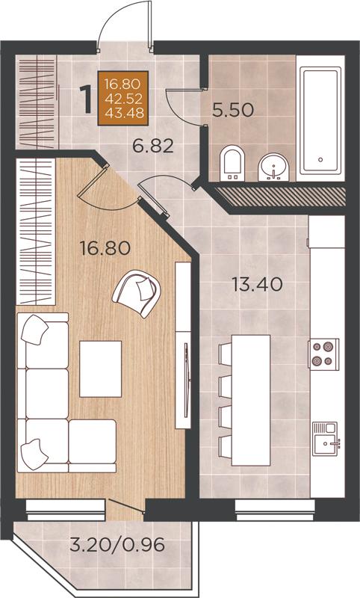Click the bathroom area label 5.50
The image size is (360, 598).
click(x=233, y=111)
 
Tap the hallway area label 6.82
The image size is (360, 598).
click(x=153, y=146)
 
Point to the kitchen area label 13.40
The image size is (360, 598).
click(x=258, y=285)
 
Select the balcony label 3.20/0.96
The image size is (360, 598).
click(x=117, y=545)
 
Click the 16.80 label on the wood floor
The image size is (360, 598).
click(x=105, y=248)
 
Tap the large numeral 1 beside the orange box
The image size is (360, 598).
click(x=87, y=99)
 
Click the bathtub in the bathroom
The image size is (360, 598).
click(x=320, y=121)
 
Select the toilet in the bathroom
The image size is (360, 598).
click(x=233, y=164)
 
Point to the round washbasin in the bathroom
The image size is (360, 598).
click(x=273, y=167)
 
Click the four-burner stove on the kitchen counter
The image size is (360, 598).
click(x=323, y=354)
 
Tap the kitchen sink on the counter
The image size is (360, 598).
click(x=326, y=439)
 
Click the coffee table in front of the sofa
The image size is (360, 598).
click(x=101, y=369)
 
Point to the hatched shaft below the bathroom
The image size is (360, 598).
click(x=281, y=194)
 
